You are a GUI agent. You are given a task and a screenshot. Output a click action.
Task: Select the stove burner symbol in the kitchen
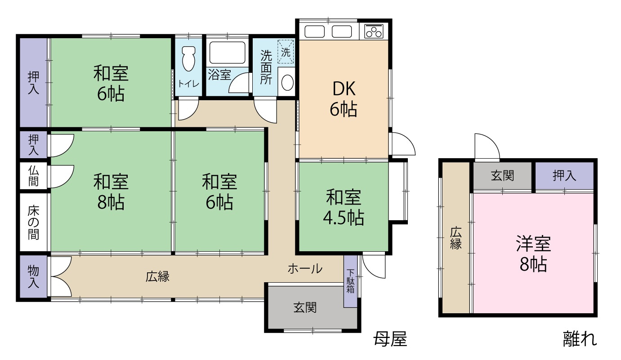pos(374,31)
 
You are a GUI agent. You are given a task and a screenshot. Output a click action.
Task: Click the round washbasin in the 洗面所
pos(286,83)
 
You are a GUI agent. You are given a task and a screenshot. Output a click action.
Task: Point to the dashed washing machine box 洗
pos(286,51)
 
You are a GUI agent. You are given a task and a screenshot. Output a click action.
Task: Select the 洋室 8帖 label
pos(533,254)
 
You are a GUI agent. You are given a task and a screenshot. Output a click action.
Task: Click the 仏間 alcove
pos(34,176)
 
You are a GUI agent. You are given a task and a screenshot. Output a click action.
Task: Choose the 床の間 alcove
pos(34,222)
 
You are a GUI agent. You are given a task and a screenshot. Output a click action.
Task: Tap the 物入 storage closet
pos(34,277)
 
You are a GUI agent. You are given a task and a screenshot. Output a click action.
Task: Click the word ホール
pos(305,269)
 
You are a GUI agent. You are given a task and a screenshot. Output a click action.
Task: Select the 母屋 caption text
pos(390,339)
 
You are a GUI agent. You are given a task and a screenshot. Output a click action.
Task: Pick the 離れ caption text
pos(580,339)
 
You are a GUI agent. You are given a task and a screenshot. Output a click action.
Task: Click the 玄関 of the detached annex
pos(502,176)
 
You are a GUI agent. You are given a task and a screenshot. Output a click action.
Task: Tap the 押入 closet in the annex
pos(564,176)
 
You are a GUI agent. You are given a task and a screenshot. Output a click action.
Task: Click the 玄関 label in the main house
pos(305,308)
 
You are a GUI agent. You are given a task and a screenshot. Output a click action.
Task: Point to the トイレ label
pos(189,84)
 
